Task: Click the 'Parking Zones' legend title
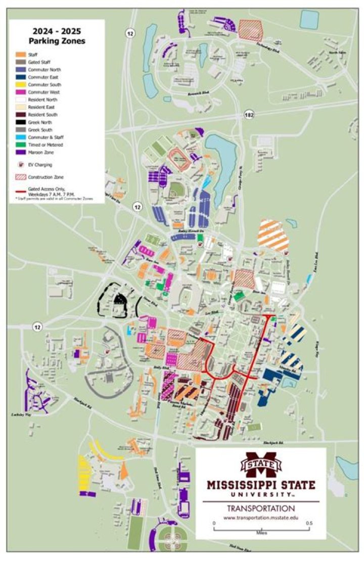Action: [56, 41]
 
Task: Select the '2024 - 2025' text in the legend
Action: [56, 31]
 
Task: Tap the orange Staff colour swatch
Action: [20, 54]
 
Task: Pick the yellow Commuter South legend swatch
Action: [20, 84]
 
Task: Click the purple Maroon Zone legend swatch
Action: [20, 152]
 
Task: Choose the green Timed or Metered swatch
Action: [20, 145]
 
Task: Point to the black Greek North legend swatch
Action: [20, 122]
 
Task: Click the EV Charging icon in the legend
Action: [20, 164]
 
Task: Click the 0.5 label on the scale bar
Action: [309, 523]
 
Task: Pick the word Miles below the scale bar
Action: [262, 533]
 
